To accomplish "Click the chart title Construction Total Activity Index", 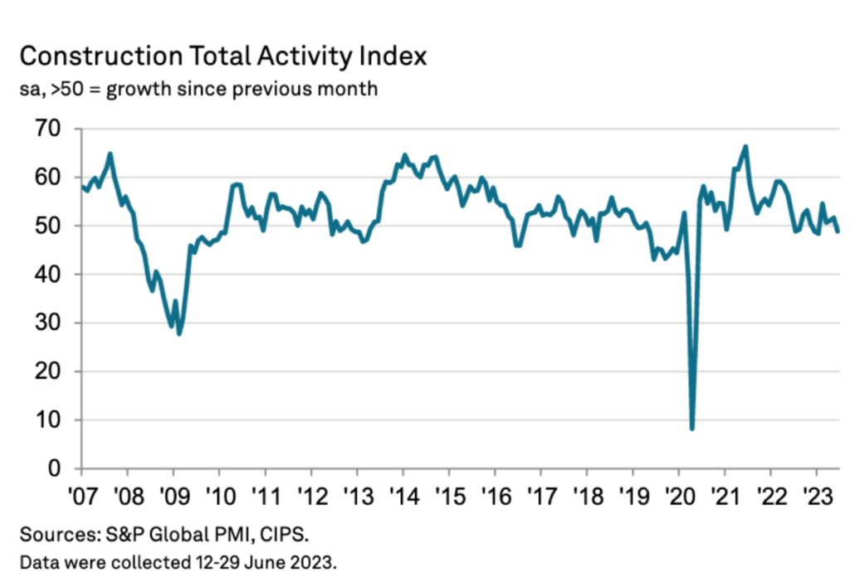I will pyautogui.click(x=222, y=56).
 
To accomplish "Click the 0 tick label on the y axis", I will pyautogui.click(x=54, y=469).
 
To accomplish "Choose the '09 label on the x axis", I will pyautogui.click(x=173, y=492).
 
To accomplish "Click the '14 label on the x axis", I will pyautogui.click(x=403, y=492).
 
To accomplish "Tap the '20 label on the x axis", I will pyautogui.click(x=678, y=492).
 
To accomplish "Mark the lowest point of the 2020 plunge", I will pyautogui.click(x=691, y=428).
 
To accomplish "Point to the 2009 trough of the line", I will pyautogui.click(x=178, y=333).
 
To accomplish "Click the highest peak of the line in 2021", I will pyautogui.click(x=745, y=147).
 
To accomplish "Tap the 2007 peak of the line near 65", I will pyautogui.click(x=110, y=154).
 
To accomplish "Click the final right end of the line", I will pyautogui.click(x=837, y=232).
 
